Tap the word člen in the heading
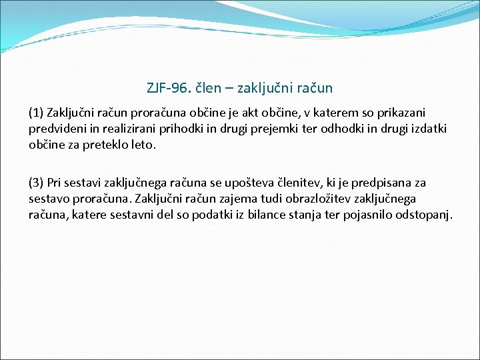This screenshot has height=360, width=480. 205,87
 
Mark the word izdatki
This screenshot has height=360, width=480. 427,129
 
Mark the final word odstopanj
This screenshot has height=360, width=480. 427,215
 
